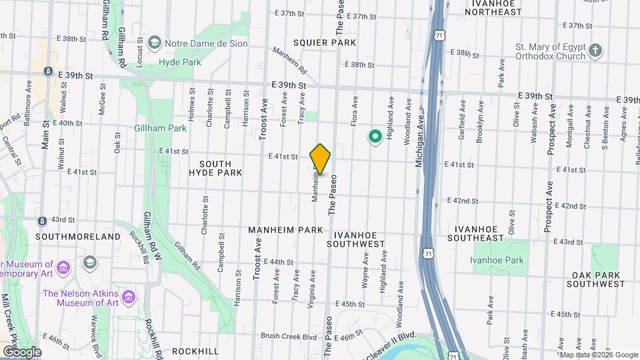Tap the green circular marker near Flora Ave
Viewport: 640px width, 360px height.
[375, 137]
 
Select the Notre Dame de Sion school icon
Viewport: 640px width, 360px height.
[155, 43]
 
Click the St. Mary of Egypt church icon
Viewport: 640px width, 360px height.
[596, 50]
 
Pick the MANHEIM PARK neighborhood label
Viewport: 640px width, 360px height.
[285, 230]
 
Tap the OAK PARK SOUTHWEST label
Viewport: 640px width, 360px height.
[595, 279]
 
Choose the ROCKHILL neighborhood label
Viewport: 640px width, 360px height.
[195, 351]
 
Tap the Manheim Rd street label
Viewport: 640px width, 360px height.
[289, 59]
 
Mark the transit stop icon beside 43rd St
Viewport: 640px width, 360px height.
[42, 221]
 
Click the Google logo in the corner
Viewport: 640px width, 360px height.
[21, 351]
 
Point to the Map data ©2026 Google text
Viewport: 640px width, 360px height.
[589, 355]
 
